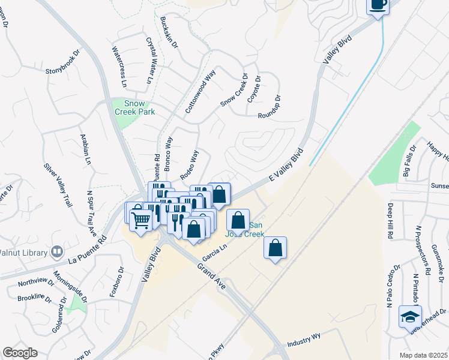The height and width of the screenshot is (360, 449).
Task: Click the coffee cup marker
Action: (378, 5)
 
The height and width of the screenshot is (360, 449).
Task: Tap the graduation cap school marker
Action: (410, 317)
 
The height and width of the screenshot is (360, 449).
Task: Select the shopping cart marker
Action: (140, 220)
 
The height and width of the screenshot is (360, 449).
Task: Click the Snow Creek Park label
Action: (135, 107)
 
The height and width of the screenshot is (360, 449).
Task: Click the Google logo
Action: (20, 353)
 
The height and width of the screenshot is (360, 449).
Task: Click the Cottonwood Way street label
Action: (200, 92)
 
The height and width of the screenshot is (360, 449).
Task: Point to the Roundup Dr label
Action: (269, 107)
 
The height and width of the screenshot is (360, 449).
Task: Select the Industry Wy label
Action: (304, 343)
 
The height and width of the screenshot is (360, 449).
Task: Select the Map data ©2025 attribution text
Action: (424, 355)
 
